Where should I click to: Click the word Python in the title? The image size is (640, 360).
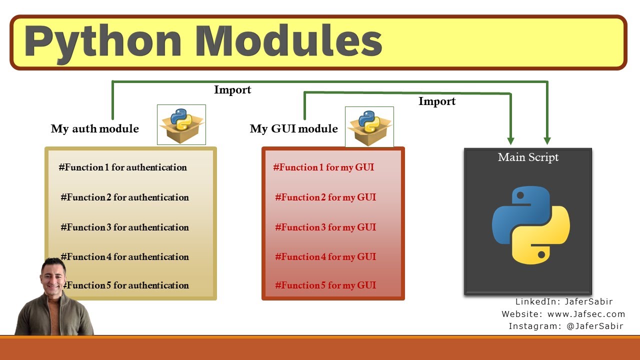tap(102, 41)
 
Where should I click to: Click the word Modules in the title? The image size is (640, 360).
tap(289, 41)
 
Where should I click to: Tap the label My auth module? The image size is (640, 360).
tap(94, 129)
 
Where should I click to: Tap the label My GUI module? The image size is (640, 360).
tap(293, 129)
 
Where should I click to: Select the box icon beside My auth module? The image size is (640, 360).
tap(181, 124)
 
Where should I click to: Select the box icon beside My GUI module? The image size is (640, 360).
tap(369, 126)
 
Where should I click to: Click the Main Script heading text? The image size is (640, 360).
tap(528, 157)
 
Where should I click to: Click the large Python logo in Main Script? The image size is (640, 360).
tap(530, 225)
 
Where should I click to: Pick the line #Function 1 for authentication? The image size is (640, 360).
tap(122, 167)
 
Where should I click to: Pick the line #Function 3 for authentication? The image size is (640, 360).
tap(124, 227)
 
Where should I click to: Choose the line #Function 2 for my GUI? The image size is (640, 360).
tap(325, 197)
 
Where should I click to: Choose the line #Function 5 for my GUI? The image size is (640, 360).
tap(325, 285)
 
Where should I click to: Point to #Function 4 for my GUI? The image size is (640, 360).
tap(325, 257)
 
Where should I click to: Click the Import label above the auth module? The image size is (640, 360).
tap(232, 90)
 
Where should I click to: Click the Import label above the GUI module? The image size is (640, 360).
tap(436, 101)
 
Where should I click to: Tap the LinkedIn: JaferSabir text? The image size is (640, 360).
tap(564, 302)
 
